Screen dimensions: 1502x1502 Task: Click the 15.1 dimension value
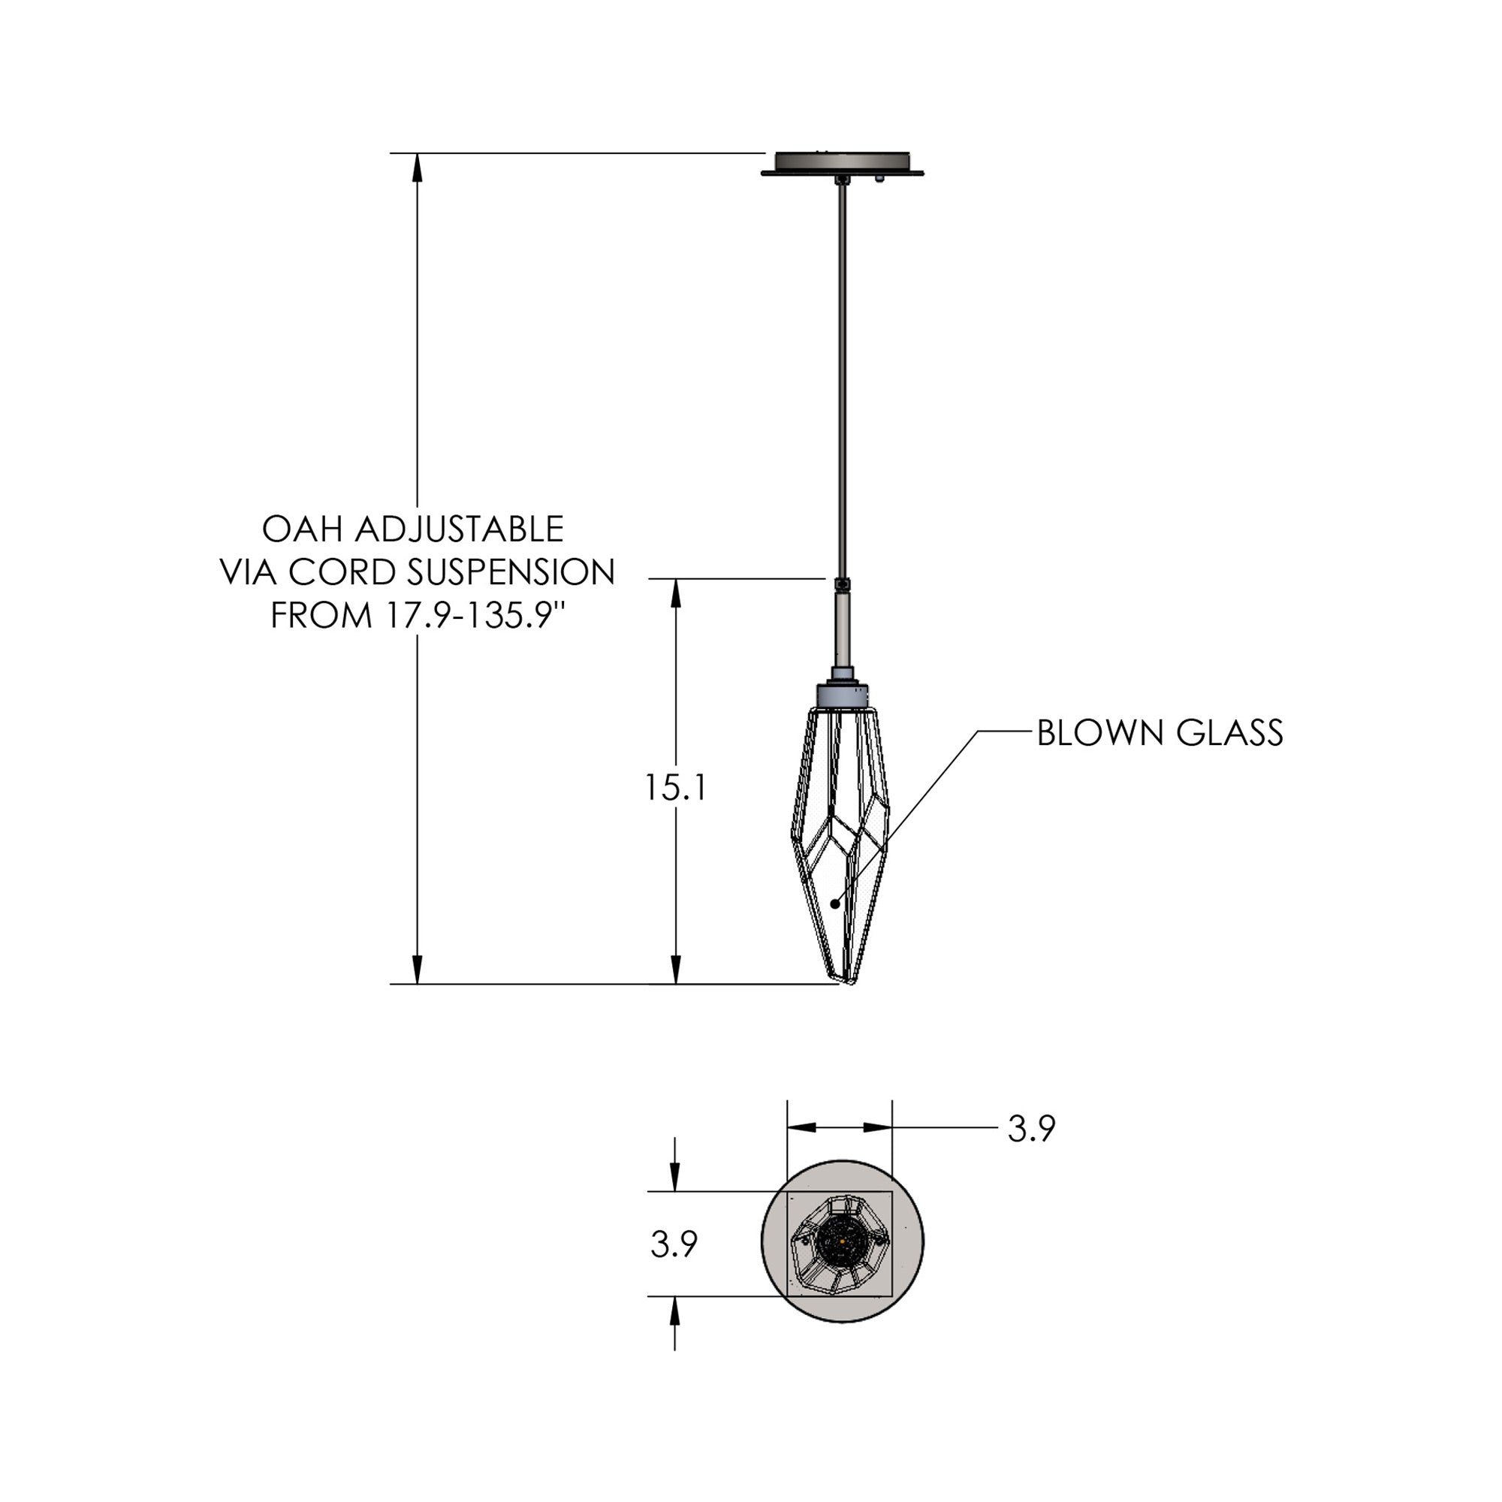pyautogui.click(x=675, y=789)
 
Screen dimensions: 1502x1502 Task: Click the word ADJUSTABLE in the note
pyautogui.click(x=460, y=529)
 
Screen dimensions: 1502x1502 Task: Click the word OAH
pyautogui.click(x=303, y=529)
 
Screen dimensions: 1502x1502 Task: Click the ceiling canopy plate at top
pyautogui.click(x=843, y=164)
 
